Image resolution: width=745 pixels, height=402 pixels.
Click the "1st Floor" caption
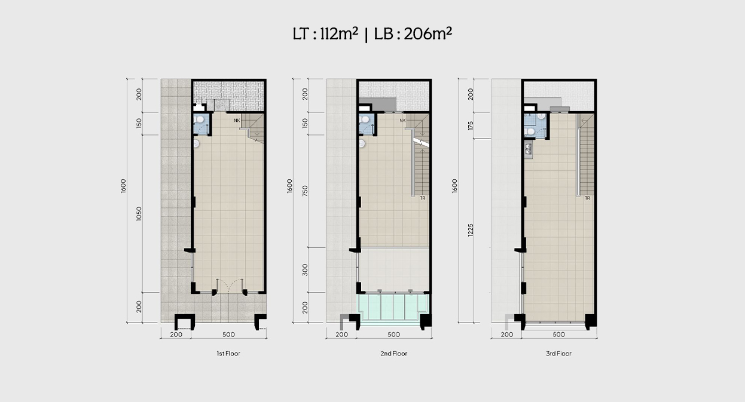click(x=228, y=354)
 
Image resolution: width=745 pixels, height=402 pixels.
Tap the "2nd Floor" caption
click(x=394, y=354)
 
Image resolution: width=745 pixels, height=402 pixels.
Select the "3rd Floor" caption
click(x=558, y=354)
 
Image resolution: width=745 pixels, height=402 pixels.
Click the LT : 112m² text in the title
click(x=325, y=34)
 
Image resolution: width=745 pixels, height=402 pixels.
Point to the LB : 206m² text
click(x=413, y=34)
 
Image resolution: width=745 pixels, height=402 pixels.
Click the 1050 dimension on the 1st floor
click(x=139, y=214)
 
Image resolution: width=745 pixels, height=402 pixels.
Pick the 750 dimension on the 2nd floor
click(x=305, y=191)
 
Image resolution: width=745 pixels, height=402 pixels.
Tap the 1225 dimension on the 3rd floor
click(x=471, y=230)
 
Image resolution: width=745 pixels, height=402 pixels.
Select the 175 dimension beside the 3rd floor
click(x=471, y=125)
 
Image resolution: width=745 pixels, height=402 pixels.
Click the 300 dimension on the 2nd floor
click(x=305, y=270)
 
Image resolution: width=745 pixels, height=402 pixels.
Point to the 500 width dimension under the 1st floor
click(x=228, y=335)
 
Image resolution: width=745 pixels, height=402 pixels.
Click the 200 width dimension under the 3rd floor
click(x=506, y=335)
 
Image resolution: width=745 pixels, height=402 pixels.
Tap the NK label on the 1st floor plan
click(x=237, y=120)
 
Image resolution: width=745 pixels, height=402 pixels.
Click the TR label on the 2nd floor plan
click(x=422, y=198)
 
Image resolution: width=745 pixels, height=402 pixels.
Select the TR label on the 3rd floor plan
click(x=587, y=198)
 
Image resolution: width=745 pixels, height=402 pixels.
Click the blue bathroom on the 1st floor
click(x=201, y=124)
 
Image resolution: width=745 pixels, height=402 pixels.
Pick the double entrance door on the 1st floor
click(x=229, y=286)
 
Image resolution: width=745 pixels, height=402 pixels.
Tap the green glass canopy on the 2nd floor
click(x=393, y=308)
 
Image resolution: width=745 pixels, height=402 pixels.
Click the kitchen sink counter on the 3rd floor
click(x=528, y=149)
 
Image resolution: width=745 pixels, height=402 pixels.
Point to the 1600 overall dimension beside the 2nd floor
click(x=289, y=186)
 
